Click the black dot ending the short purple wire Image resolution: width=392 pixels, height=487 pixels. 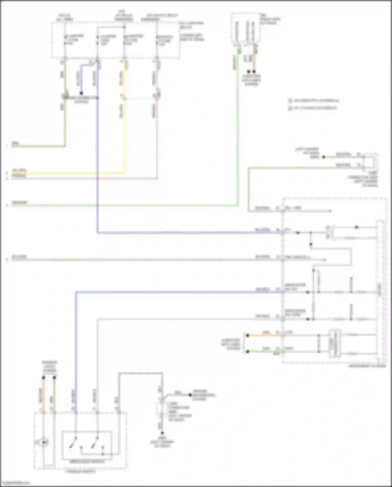81,93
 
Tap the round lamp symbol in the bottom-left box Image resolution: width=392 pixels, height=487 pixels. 44,442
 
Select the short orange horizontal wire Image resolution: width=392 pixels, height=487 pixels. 264,335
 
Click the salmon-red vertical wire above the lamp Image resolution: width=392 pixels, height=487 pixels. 44,395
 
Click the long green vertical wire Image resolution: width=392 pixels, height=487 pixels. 238,131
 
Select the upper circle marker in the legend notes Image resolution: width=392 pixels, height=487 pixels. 290,100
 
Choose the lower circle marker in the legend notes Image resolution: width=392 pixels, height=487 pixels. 290,108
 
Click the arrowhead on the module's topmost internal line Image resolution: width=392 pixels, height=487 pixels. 330,211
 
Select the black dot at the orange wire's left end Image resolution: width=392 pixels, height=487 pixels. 247,335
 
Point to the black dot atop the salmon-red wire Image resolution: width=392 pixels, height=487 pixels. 44,378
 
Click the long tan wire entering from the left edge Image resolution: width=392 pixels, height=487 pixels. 131,260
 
